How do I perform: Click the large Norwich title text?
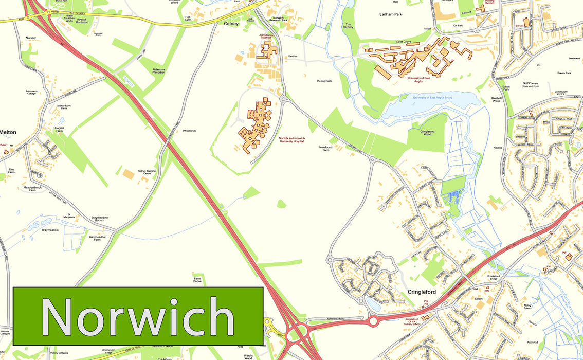pos(138,316)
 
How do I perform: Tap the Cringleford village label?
pos(422,292)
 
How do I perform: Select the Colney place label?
pos(231,23)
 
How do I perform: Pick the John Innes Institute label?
pos(266,37)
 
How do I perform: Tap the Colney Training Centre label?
pos(147,172)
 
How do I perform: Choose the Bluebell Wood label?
pos(496,99)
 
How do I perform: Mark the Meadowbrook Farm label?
pos(32,189)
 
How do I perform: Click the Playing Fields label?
pos(324,81)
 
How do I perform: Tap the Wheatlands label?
pos(189,131)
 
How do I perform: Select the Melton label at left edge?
pos(8,132)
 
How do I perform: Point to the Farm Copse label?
pos(197,280)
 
